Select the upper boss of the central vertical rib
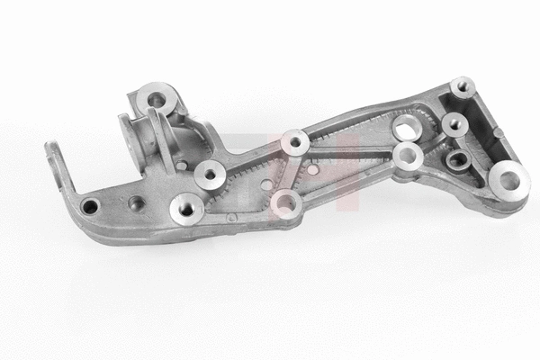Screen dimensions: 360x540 [294, 142]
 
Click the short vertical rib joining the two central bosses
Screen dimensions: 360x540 [291, 171]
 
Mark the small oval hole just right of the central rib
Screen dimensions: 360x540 [310, 168]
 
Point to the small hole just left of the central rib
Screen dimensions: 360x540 [265, 184]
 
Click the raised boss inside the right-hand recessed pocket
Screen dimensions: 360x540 [454, 124]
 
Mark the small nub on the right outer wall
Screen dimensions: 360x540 [493, 127]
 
